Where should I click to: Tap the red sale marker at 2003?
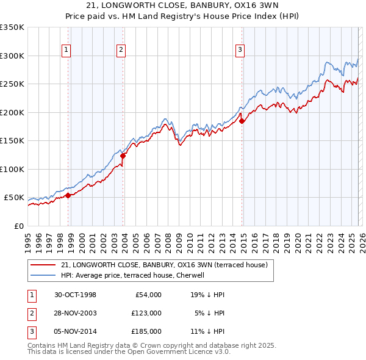[x=123, y=156]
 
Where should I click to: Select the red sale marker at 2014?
[x=242, y=121]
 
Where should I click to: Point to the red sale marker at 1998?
[x=68, y=195]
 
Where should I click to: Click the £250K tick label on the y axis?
[x=12, y=84]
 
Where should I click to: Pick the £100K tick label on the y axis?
[x=12, y=169]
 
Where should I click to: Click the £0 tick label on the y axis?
[x=18, y=226]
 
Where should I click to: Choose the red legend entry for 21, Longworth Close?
[x=165, y=265]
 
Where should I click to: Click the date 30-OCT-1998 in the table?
[x=76, y=295]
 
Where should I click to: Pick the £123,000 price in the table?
[x=146, y=313]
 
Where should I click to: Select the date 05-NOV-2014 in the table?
[x=76, y=331]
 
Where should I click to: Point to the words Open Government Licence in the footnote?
[x=180, y=352]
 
